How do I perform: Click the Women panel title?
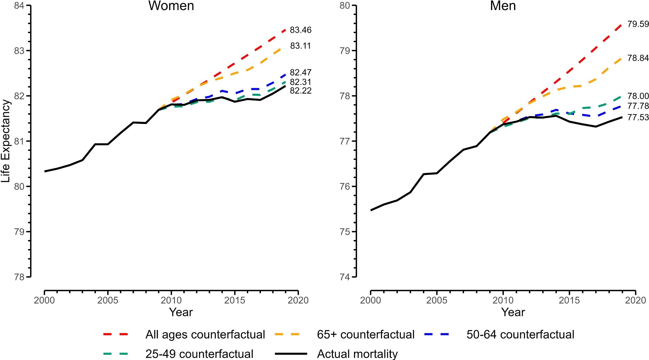171,6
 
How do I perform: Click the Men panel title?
503,6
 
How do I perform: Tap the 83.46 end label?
300,30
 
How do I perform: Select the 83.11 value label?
300,46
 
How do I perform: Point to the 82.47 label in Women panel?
300,72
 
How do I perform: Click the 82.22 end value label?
300,91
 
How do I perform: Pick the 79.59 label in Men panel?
638,24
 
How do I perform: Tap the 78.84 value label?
638,58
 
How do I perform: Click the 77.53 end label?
638,117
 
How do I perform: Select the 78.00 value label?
638,96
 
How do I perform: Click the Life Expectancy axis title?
6,141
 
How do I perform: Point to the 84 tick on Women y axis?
20,6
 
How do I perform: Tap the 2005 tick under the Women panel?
108,300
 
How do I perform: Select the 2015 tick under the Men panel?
569,300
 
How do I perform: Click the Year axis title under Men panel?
513,312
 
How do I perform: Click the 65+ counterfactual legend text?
366,335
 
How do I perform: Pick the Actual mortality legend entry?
357,354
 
